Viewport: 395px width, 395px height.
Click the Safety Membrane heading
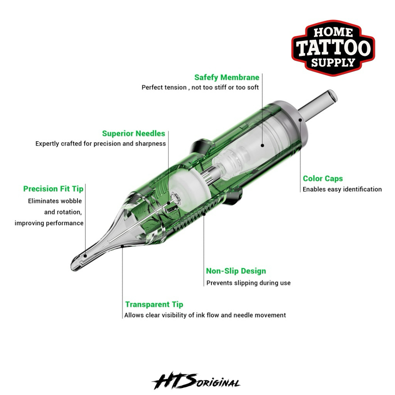click(227, 78)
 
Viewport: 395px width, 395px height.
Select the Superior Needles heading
click(133, 133)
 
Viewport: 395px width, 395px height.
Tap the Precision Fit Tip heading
click(53, 189)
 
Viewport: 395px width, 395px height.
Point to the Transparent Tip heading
click(154, 305)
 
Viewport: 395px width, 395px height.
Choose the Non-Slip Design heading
click(236, 271)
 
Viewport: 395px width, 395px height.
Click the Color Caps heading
click(323, 179)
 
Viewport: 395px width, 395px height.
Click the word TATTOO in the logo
click(333, 48)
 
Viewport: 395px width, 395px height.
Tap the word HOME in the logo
click(333, 32)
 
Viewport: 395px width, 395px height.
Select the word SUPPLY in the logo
click(333, 62)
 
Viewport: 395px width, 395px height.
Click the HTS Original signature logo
click(196, 381)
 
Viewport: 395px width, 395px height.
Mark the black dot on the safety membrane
click(262, 145)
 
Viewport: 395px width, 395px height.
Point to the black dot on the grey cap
click(300, 120)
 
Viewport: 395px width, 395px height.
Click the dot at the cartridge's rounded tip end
click(85, 256)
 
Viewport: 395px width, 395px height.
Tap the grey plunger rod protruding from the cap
click(318, 104)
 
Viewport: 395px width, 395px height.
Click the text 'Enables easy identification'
click(342, 189)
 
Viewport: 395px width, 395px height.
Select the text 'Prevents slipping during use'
click(248, 283)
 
